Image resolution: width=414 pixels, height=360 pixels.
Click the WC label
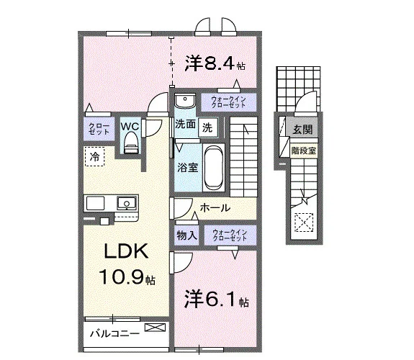point(130,126)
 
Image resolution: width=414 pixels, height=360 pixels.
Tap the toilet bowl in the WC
point(131,143)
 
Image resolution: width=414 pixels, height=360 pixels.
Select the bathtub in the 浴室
point(214,168)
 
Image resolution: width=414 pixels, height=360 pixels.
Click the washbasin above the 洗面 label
point(185,101)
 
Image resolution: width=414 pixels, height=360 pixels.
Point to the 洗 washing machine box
point(208,128)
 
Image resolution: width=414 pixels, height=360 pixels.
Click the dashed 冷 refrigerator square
point(95,156)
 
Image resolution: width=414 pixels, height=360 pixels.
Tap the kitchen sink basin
point(127,203)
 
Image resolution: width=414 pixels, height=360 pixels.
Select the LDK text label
point(126,251)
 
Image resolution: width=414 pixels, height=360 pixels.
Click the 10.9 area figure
point(122,276)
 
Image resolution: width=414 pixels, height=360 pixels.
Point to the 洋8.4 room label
point(215,63)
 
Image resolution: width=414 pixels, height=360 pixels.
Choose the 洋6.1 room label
point(216,300)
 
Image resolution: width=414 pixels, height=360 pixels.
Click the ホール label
point(215,208)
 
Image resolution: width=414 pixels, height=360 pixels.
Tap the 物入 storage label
point(187,235)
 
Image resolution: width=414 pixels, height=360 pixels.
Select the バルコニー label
point(114,334)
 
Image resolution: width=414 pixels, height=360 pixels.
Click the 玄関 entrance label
point(302,129)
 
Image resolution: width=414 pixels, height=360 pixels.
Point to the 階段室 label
point(304,150)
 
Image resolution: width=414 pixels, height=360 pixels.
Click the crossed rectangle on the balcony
point(155,328)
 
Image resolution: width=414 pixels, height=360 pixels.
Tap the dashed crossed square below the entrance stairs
point(303,222)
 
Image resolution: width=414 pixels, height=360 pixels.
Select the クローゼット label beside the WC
point(99,129)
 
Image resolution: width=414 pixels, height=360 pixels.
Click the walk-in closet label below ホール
point(230,235)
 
